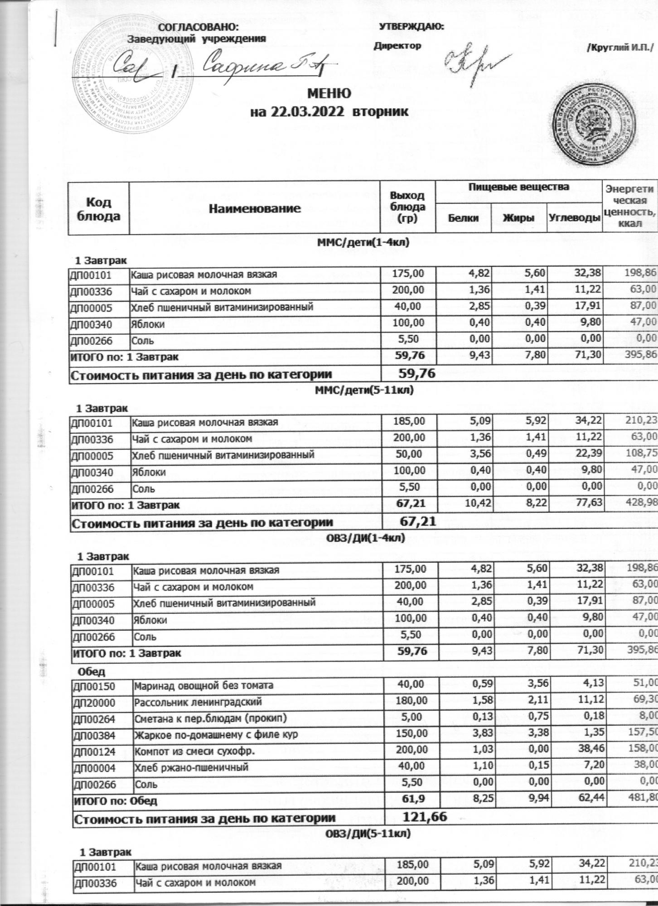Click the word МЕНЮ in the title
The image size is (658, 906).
click(x=329, y=94)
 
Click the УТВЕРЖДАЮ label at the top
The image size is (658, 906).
click(x=411, y=26)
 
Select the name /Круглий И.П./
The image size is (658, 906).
click(x=620, y=47)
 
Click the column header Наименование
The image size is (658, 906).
click(x=255, y=208)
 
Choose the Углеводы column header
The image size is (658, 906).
click(x=574, y=218)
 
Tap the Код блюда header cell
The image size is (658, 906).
click(x=98, y=208)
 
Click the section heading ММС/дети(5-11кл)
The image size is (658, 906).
click(x=364, y=390)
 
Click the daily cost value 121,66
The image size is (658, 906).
click(x=424, y=804)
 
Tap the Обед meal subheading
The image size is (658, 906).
click(x=92, y=670)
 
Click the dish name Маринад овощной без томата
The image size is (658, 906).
click(x=203, y=685)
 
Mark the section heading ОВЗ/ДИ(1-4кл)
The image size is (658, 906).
click(x=365, y=539)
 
